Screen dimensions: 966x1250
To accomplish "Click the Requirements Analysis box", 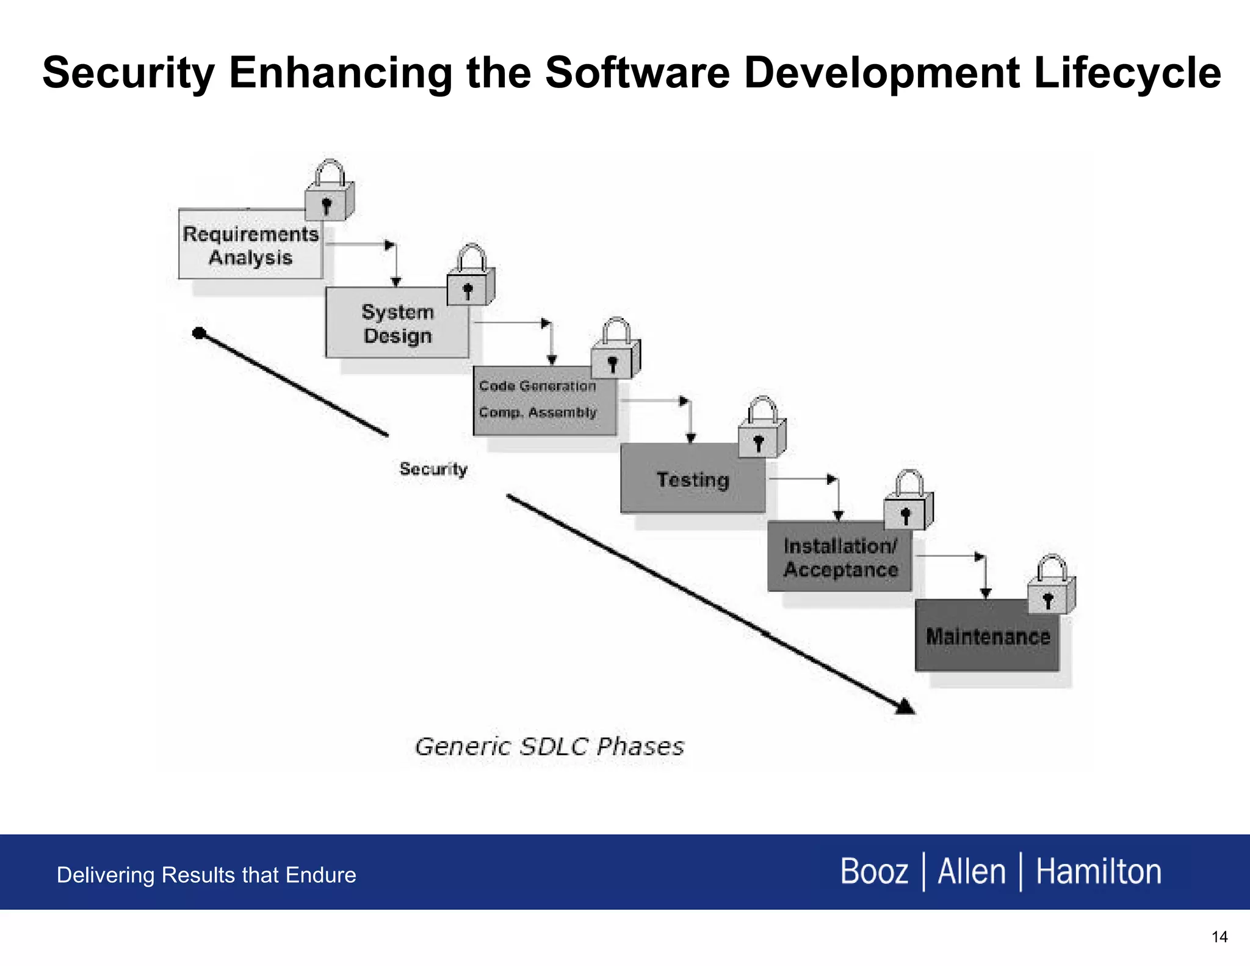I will click(250, 245).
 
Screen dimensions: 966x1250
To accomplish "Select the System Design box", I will click(397, 324).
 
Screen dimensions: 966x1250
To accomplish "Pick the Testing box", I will click(692, 479).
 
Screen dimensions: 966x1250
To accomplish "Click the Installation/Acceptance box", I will click(840, 557).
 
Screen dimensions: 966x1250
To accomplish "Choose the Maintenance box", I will click(987, 636).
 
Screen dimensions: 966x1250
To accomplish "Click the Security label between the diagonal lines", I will click(433, 469).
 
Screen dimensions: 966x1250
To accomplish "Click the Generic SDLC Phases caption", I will click(549, 747).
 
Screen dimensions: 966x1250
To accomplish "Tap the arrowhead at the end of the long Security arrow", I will click(905, 707).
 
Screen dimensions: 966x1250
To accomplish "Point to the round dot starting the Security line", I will click(199, 333).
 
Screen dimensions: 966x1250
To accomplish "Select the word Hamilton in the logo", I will click(1099, 871).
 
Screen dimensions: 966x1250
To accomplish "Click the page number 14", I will click(1219, 937).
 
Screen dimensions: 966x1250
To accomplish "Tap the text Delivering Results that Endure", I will click(206, 875).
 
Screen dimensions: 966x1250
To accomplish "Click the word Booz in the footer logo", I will click(874, 871).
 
